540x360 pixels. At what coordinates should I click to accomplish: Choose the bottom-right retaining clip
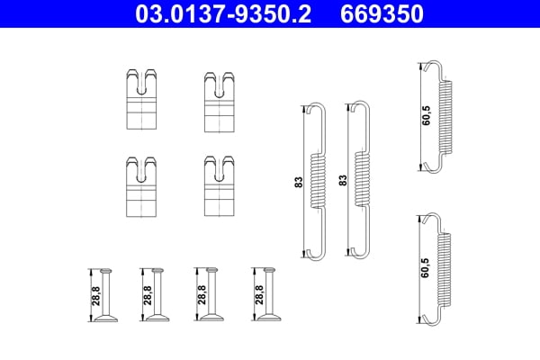[x=218, y=186]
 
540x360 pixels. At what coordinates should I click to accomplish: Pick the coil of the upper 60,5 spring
[x=444, y=116]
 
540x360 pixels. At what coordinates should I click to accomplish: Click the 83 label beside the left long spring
[x=298, y=181]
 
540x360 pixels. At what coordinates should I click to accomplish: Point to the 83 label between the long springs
[x=342, y=181]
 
